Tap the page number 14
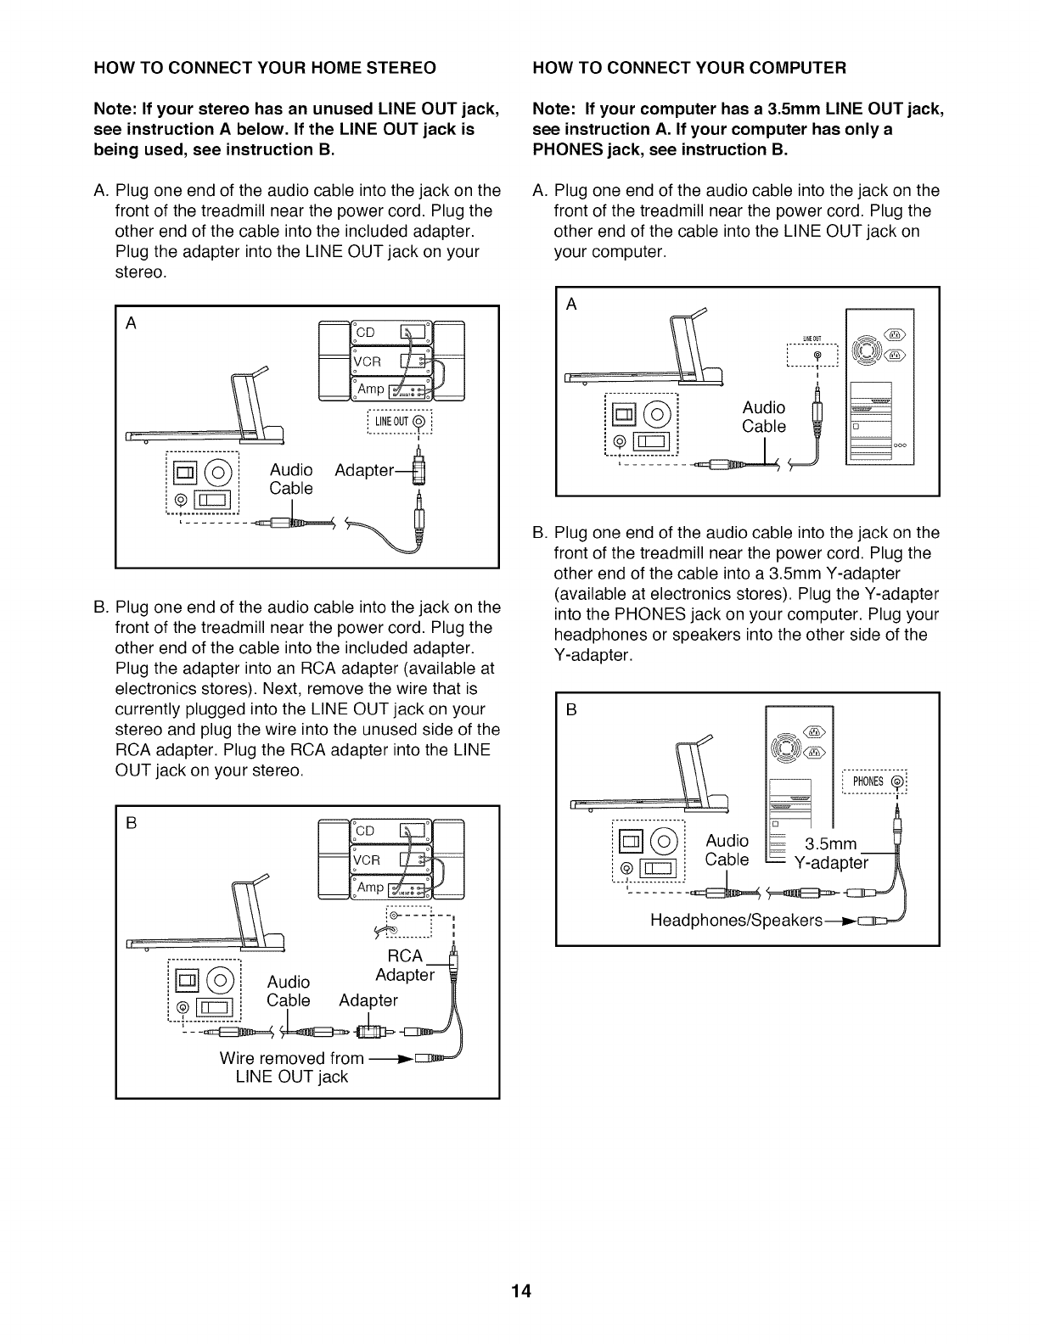(x=520, y=1292)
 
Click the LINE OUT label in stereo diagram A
(x=391, y=423)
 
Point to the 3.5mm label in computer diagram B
(x=831, y=844)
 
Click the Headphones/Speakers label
(x=736, y=921)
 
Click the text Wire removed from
(x=291, y=1058)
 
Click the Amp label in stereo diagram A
(x=371, y=389)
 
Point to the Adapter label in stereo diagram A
(x=365, y=470)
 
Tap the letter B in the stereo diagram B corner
(x=132, y=823)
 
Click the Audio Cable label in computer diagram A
(x=763, y=417)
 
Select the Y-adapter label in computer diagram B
(x=831, y=864)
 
